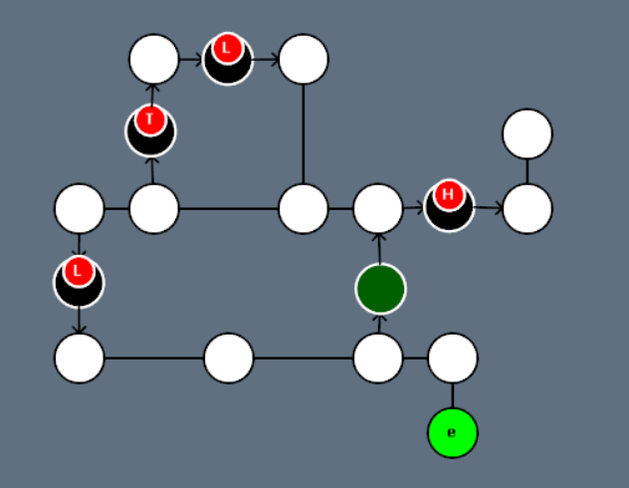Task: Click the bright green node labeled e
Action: point(453,433)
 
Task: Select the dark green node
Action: point(379,289)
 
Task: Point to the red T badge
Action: point(149,121)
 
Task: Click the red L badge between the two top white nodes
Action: point(227,47)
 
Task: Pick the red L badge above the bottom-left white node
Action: point(78,270)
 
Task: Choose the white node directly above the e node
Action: point(453,359)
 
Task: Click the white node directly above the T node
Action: point(154,59)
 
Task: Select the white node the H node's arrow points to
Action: point(527,209)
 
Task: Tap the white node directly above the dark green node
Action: point(378,209)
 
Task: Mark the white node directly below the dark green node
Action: point(378,359)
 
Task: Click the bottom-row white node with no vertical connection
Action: point(229,359)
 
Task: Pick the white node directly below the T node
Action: point(154,209)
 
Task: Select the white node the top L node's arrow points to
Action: point(304,59)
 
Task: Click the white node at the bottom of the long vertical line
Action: point(304,209)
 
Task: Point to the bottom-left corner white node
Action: point(80,359)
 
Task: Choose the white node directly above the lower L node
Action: point(80,209)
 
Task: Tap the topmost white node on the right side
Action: point(527,133)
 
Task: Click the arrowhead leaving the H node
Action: point(498,209)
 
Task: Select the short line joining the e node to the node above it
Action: point(453,395)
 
